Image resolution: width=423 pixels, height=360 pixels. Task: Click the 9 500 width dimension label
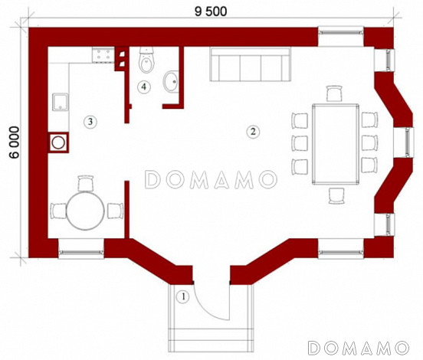pos(211,11)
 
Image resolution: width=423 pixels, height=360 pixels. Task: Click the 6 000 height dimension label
pos(14,142)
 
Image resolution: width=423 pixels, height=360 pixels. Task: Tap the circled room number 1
pos(183,296)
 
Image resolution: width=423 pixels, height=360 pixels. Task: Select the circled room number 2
pos(253,132)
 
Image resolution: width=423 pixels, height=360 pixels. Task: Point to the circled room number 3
pos(90,122)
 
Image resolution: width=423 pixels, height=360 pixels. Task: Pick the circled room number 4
pos(144,87)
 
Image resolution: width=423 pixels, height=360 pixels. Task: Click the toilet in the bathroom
pos(146,60)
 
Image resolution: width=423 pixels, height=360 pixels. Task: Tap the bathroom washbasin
pos(171,81)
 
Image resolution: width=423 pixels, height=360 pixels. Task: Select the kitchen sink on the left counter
pos(61,102)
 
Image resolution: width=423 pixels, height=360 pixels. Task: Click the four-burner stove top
pos(103,54)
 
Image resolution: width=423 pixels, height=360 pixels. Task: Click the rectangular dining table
pos(336,144)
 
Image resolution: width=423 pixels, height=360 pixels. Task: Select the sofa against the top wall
pos(251,64)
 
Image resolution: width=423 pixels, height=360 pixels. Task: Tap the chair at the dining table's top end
pos(334,93)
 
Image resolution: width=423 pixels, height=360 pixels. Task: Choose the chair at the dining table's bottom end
pos(336,195)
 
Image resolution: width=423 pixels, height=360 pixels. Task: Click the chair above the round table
pos(86,183)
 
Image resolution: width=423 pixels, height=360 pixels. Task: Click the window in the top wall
pos(341,33)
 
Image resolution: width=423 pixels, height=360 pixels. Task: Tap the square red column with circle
pos(58,142)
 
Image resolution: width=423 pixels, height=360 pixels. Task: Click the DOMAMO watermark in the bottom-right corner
pos(359,348)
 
